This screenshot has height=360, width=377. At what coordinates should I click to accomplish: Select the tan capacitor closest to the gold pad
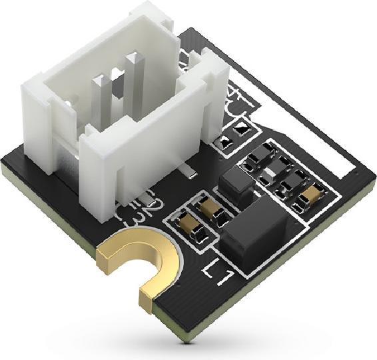183,223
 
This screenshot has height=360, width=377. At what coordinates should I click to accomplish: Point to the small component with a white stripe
270,175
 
